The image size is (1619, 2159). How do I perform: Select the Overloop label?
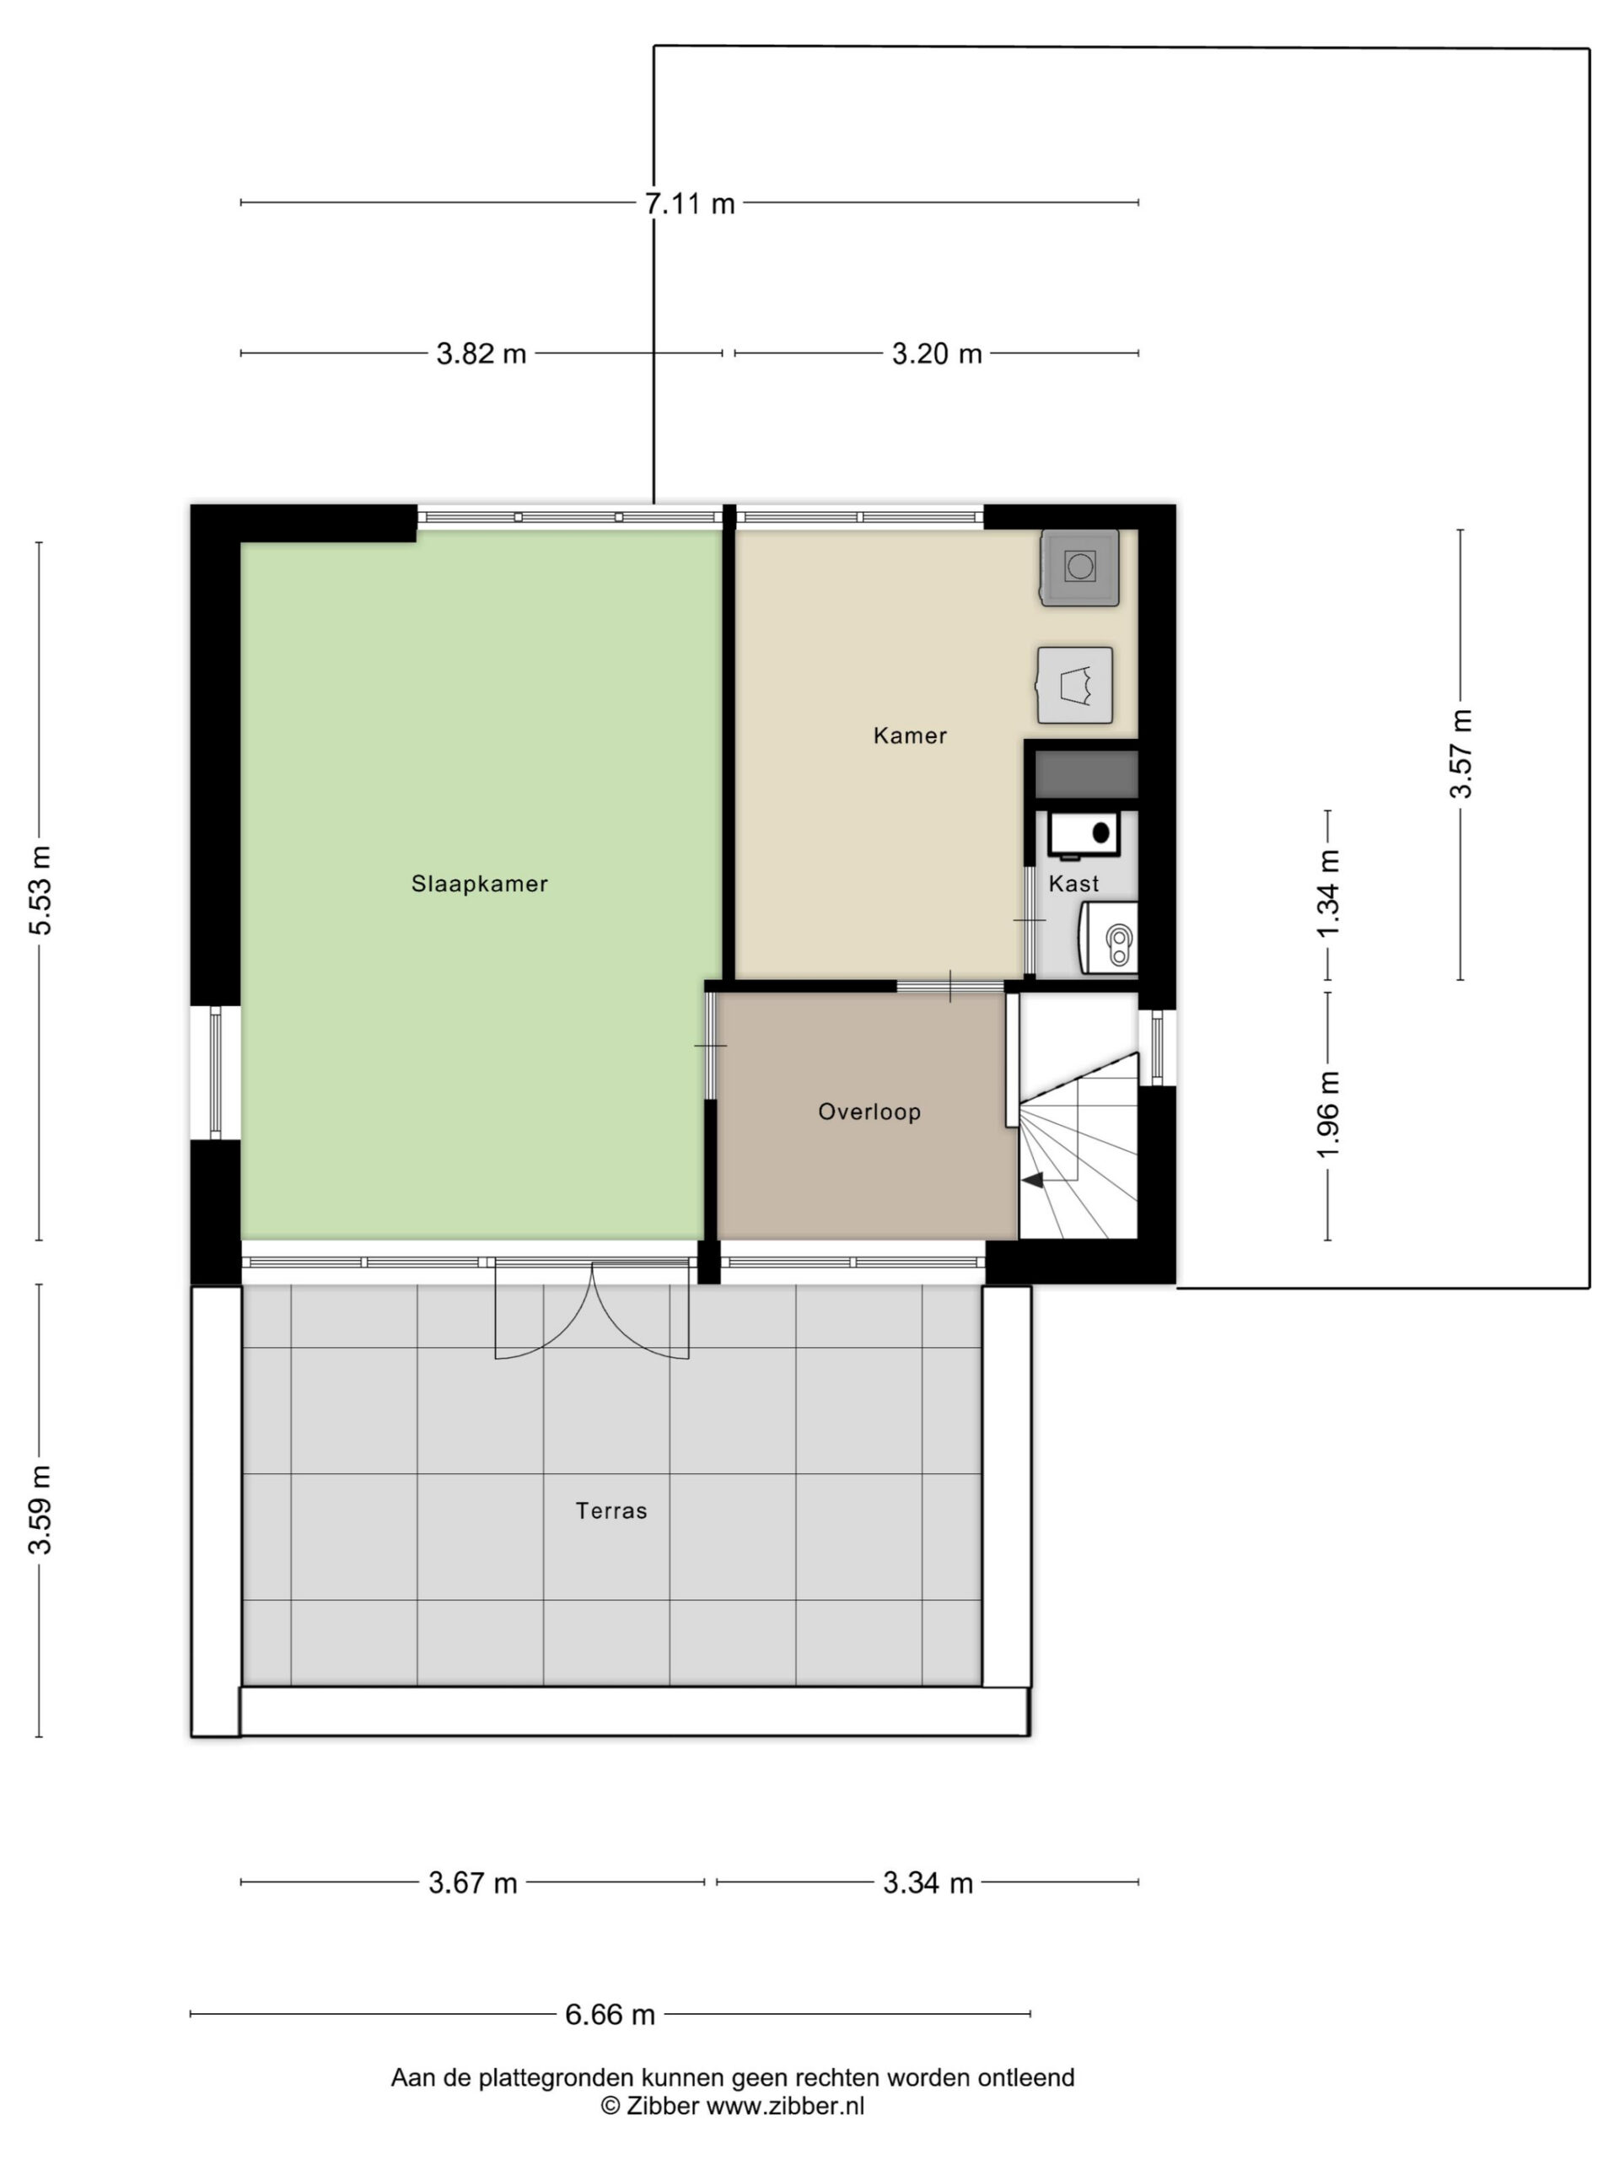click(869, 1111)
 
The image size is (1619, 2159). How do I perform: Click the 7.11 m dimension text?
click(689, 204)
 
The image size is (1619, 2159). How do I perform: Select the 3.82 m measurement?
click(481, 353)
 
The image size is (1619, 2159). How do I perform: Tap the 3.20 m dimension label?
click(937, 353)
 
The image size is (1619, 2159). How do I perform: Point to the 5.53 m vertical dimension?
click(40, 889)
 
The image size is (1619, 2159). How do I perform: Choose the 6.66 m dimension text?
click(610, 2014)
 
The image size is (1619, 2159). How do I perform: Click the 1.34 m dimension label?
click(1328, 893)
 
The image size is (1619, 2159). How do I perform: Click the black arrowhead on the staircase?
click(1032, 1180)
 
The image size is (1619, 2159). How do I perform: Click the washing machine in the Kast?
click(1109, 937)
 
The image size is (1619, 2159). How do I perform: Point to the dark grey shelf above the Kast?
click(1086, 774)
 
